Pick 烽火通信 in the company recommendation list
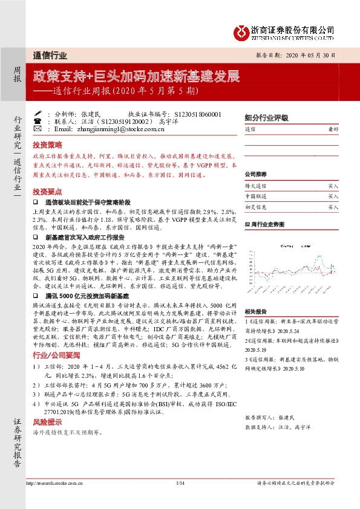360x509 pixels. click(x=255, y=187)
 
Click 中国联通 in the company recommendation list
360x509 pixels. click(x=255, y=196)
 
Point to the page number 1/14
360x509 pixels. click(x=180, y=484)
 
